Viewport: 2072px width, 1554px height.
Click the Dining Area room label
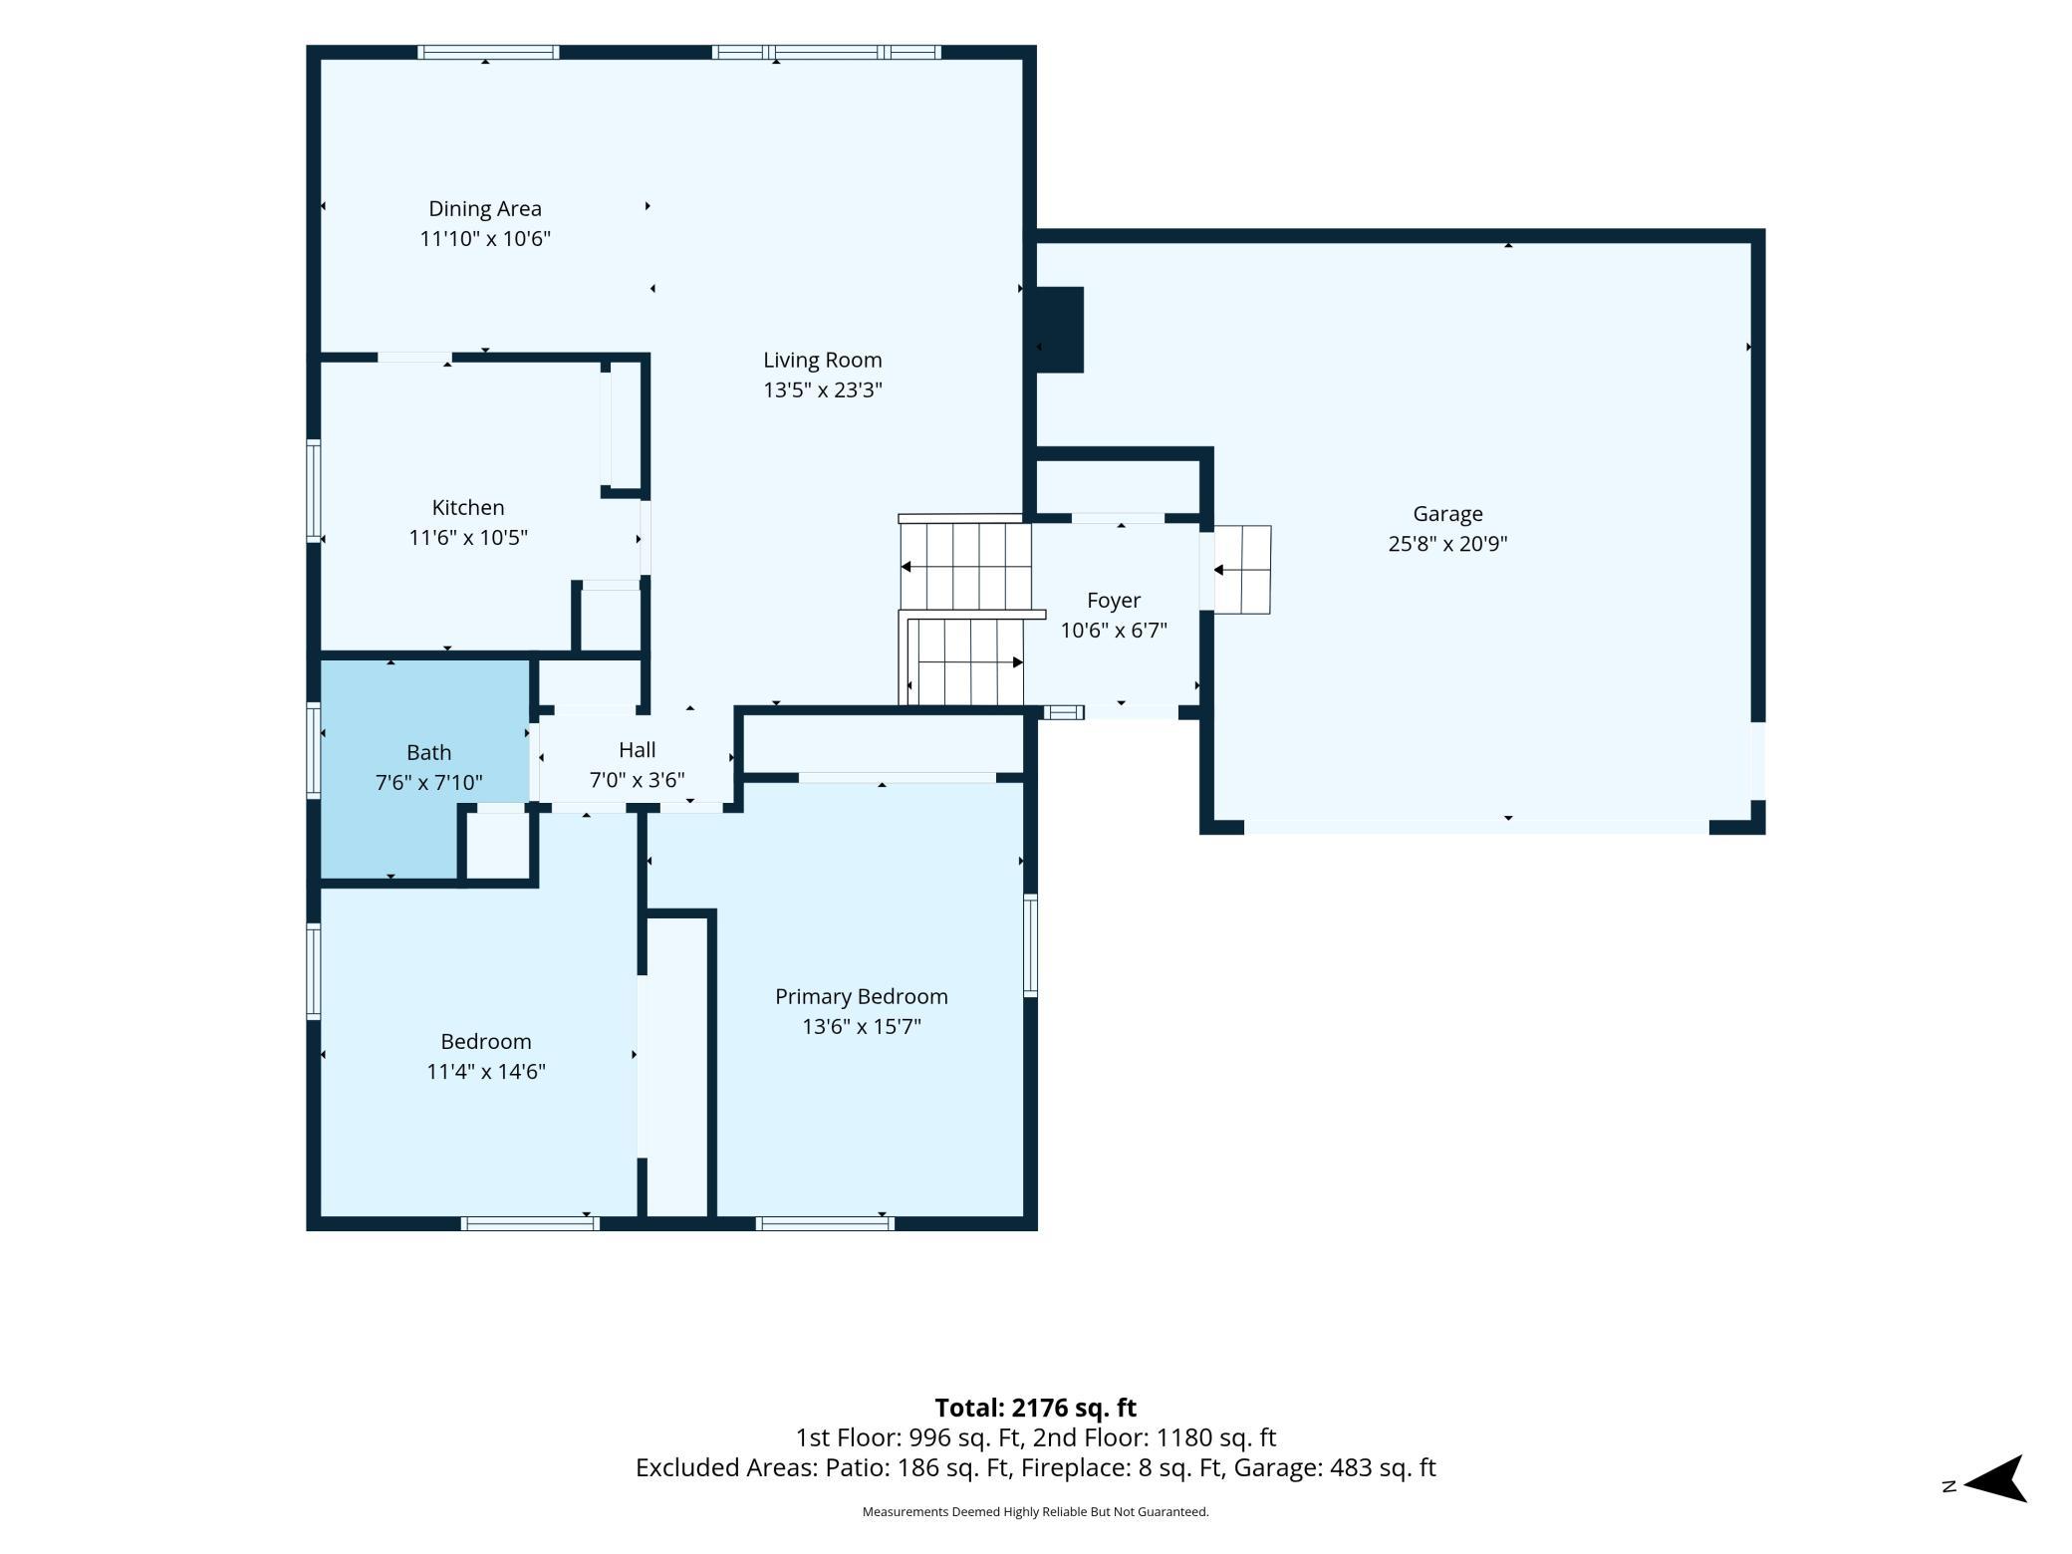(x=485, y=209)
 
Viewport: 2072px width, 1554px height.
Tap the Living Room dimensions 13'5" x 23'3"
(x=823, y=389)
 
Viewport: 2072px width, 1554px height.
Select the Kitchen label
(x=468, y=507)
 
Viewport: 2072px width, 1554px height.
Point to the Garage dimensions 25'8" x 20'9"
(x=1447, y=544)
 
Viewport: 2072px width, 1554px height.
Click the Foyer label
(x=1114, y=601)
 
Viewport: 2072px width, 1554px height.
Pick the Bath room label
(x=429, y=752)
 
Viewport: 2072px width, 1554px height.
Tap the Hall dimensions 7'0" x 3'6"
(x=638, y=780)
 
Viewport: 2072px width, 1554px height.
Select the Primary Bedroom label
(x=862, y=996)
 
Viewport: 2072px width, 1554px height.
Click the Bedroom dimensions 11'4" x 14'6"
(x=486, y=1072)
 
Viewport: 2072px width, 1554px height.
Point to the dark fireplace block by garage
(x=1060, y=330)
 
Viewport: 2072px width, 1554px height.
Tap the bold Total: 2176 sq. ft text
(x=1036, y=1408)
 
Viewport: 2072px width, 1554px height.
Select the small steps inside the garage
(x=1242, y=570)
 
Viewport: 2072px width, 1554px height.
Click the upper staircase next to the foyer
(x=965, y=566)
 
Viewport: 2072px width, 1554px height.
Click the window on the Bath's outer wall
(x=314, y=750)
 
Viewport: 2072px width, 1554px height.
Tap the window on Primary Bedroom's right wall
(x=1031, y=945)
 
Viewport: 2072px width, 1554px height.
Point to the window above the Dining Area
(x=488, y=52)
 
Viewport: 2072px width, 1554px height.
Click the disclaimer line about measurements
(x=1036, y=1512)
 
